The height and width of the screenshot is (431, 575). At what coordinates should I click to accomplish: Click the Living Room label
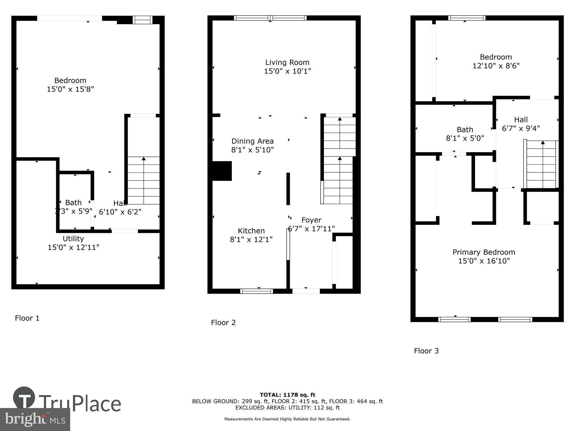[x=287, y=62]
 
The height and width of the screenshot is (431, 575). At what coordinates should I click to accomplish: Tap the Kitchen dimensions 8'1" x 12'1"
[x=251, y=239]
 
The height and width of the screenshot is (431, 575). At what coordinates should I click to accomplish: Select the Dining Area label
[x=252, y=141]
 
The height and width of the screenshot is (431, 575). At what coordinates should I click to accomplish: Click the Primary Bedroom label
[x=484, y=252]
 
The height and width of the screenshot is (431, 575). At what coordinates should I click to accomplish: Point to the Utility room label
[x=73, y=239]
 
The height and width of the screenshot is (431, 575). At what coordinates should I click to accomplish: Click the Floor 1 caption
[x=27, y=318]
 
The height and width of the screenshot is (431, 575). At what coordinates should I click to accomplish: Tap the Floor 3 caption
[x=426, y=351]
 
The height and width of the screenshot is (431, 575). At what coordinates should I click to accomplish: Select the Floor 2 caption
[x=223, y=323]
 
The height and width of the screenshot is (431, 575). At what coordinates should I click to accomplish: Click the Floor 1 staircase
[x=143, y=180]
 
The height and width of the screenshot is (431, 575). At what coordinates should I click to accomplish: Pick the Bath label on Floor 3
[x=465, y=130]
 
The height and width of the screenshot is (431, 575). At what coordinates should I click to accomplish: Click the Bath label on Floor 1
[x=73, y=203]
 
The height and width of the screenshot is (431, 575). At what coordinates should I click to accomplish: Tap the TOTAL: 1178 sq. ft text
[x=287, y=395]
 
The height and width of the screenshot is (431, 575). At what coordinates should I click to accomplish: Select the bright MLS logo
[x=35, y=420]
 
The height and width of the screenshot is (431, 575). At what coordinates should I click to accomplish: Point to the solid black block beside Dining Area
[x=222, y=171]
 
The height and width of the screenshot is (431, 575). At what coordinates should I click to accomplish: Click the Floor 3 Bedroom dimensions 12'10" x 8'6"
[x=496, y=66]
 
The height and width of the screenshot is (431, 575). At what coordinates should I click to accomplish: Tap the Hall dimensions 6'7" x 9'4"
[x=521, y=128]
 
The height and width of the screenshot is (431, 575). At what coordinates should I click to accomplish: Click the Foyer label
[x=311, y=220]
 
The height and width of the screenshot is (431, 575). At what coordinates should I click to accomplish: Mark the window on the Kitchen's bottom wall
[x=256, y=291]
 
